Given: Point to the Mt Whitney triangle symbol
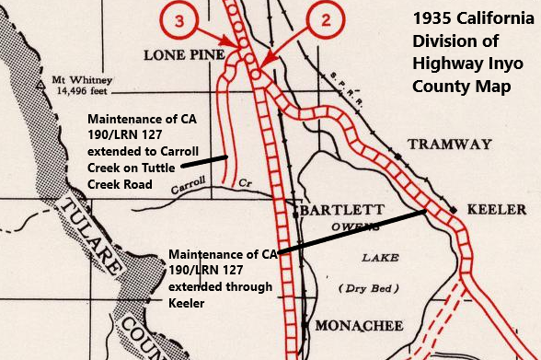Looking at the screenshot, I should [40, 82].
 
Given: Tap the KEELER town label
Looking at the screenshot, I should [502, 209].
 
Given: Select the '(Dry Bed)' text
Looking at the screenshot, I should [373, 288].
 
